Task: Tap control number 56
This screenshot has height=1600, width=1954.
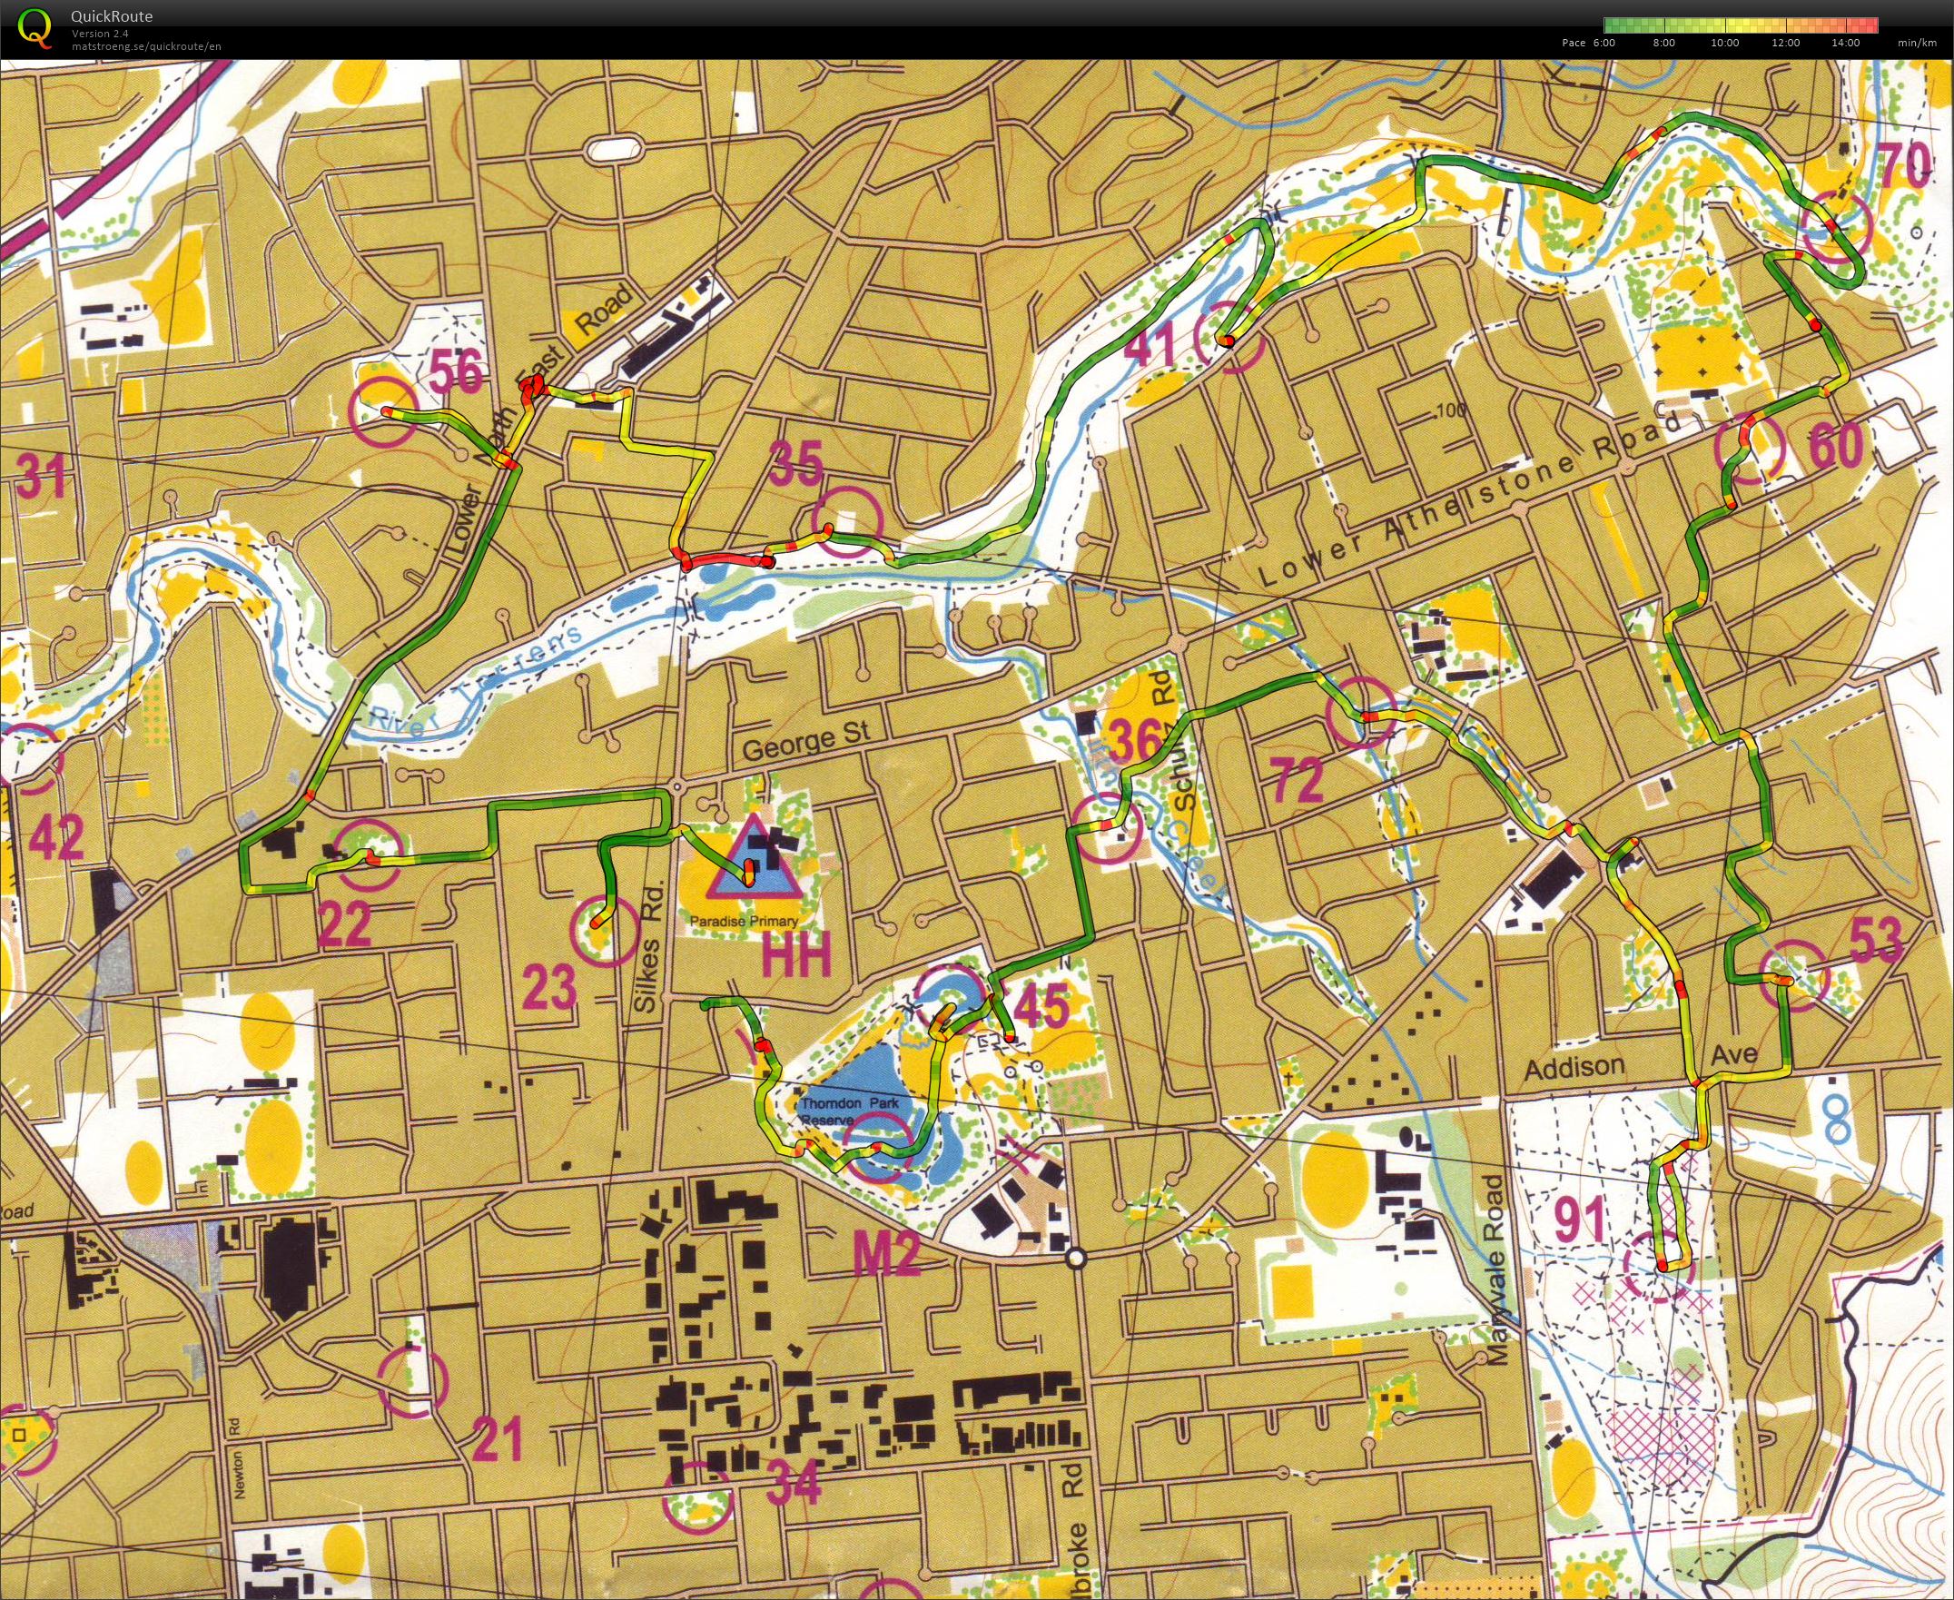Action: [456, 373]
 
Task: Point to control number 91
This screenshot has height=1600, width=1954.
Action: [1580, 1220]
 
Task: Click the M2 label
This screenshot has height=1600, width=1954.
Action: [887, 1256]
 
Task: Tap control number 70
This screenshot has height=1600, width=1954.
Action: [1904, 164]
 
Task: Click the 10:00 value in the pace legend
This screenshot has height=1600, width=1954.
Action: [1724, 43]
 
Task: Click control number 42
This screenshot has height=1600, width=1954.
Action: [56, 836]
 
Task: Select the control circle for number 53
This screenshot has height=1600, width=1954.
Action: [1793, 975]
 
